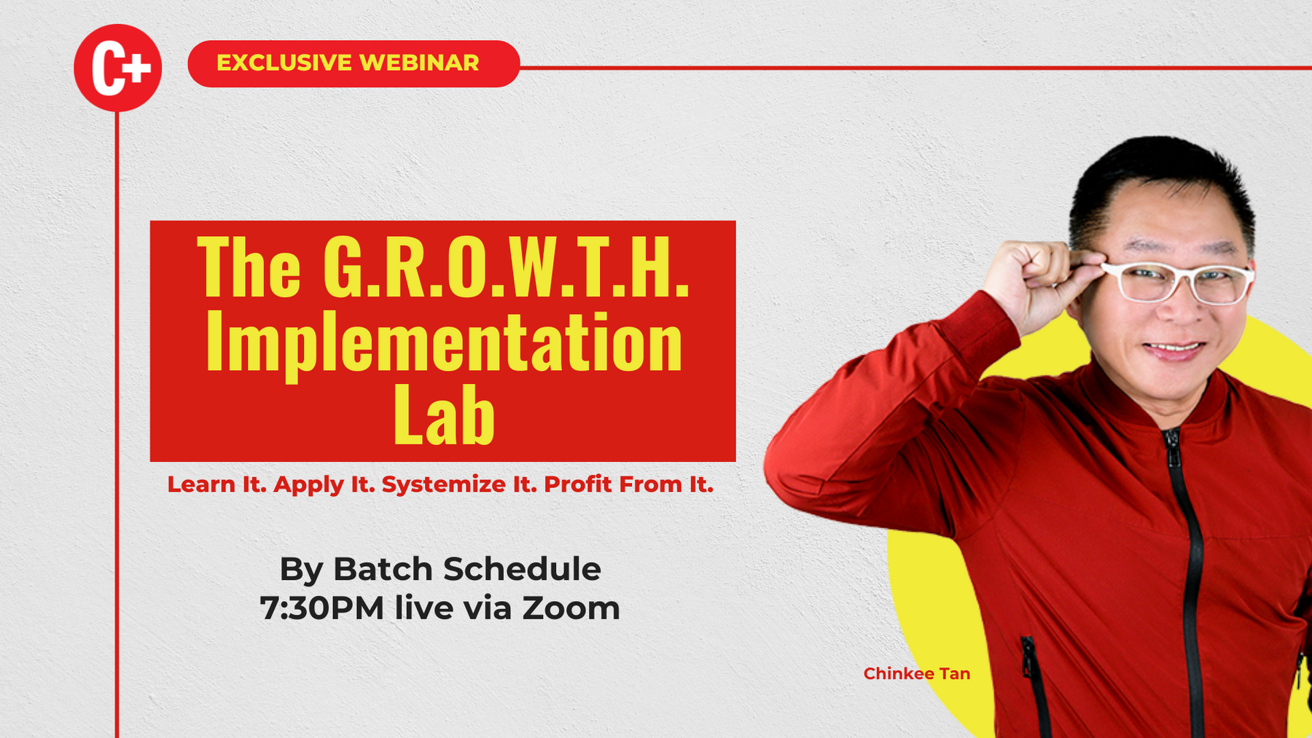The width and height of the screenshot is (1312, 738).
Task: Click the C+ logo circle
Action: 117,68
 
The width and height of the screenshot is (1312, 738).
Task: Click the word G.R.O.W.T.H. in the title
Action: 506,268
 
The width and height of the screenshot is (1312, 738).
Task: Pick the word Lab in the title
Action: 444,415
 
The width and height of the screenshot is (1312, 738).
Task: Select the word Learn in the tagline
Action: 201,484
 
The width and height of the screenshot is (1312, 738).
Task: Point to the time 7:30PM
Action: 322,608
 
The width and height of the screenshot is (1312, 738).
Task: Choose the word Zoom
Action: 571,608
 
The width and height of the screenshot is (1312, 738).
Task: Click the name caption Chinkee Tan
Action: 917,674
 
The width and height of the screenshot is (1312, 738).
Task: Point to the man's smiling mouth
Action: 1174,349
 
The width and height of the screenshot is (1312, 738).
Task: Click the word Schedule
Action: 522,569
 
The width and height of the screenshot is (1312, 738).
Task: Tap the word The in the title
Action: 249,268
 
